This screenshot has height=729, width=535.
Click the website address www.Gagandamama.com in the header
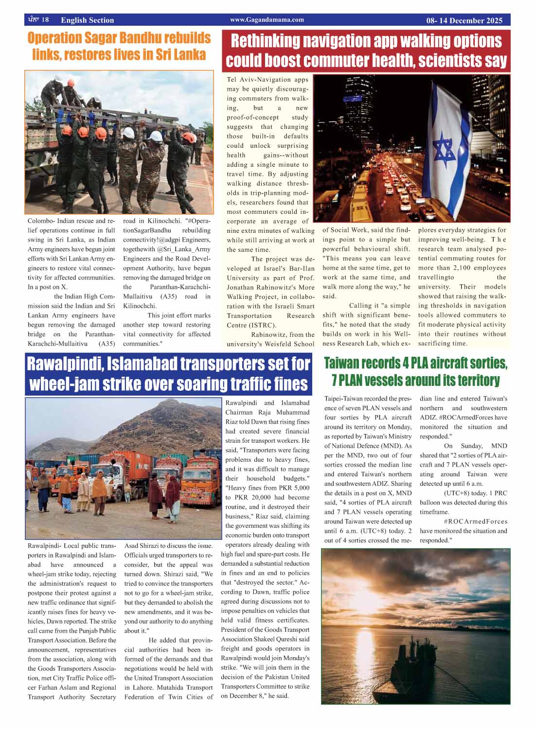(x=267, y=20)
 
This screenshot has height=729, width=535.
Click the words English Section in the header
(x=88, y=20)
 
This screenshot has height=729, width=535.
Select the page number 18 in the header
(x=45, y=20)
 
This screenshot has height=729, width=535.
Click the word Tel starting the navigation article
(x=232, y=80)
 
